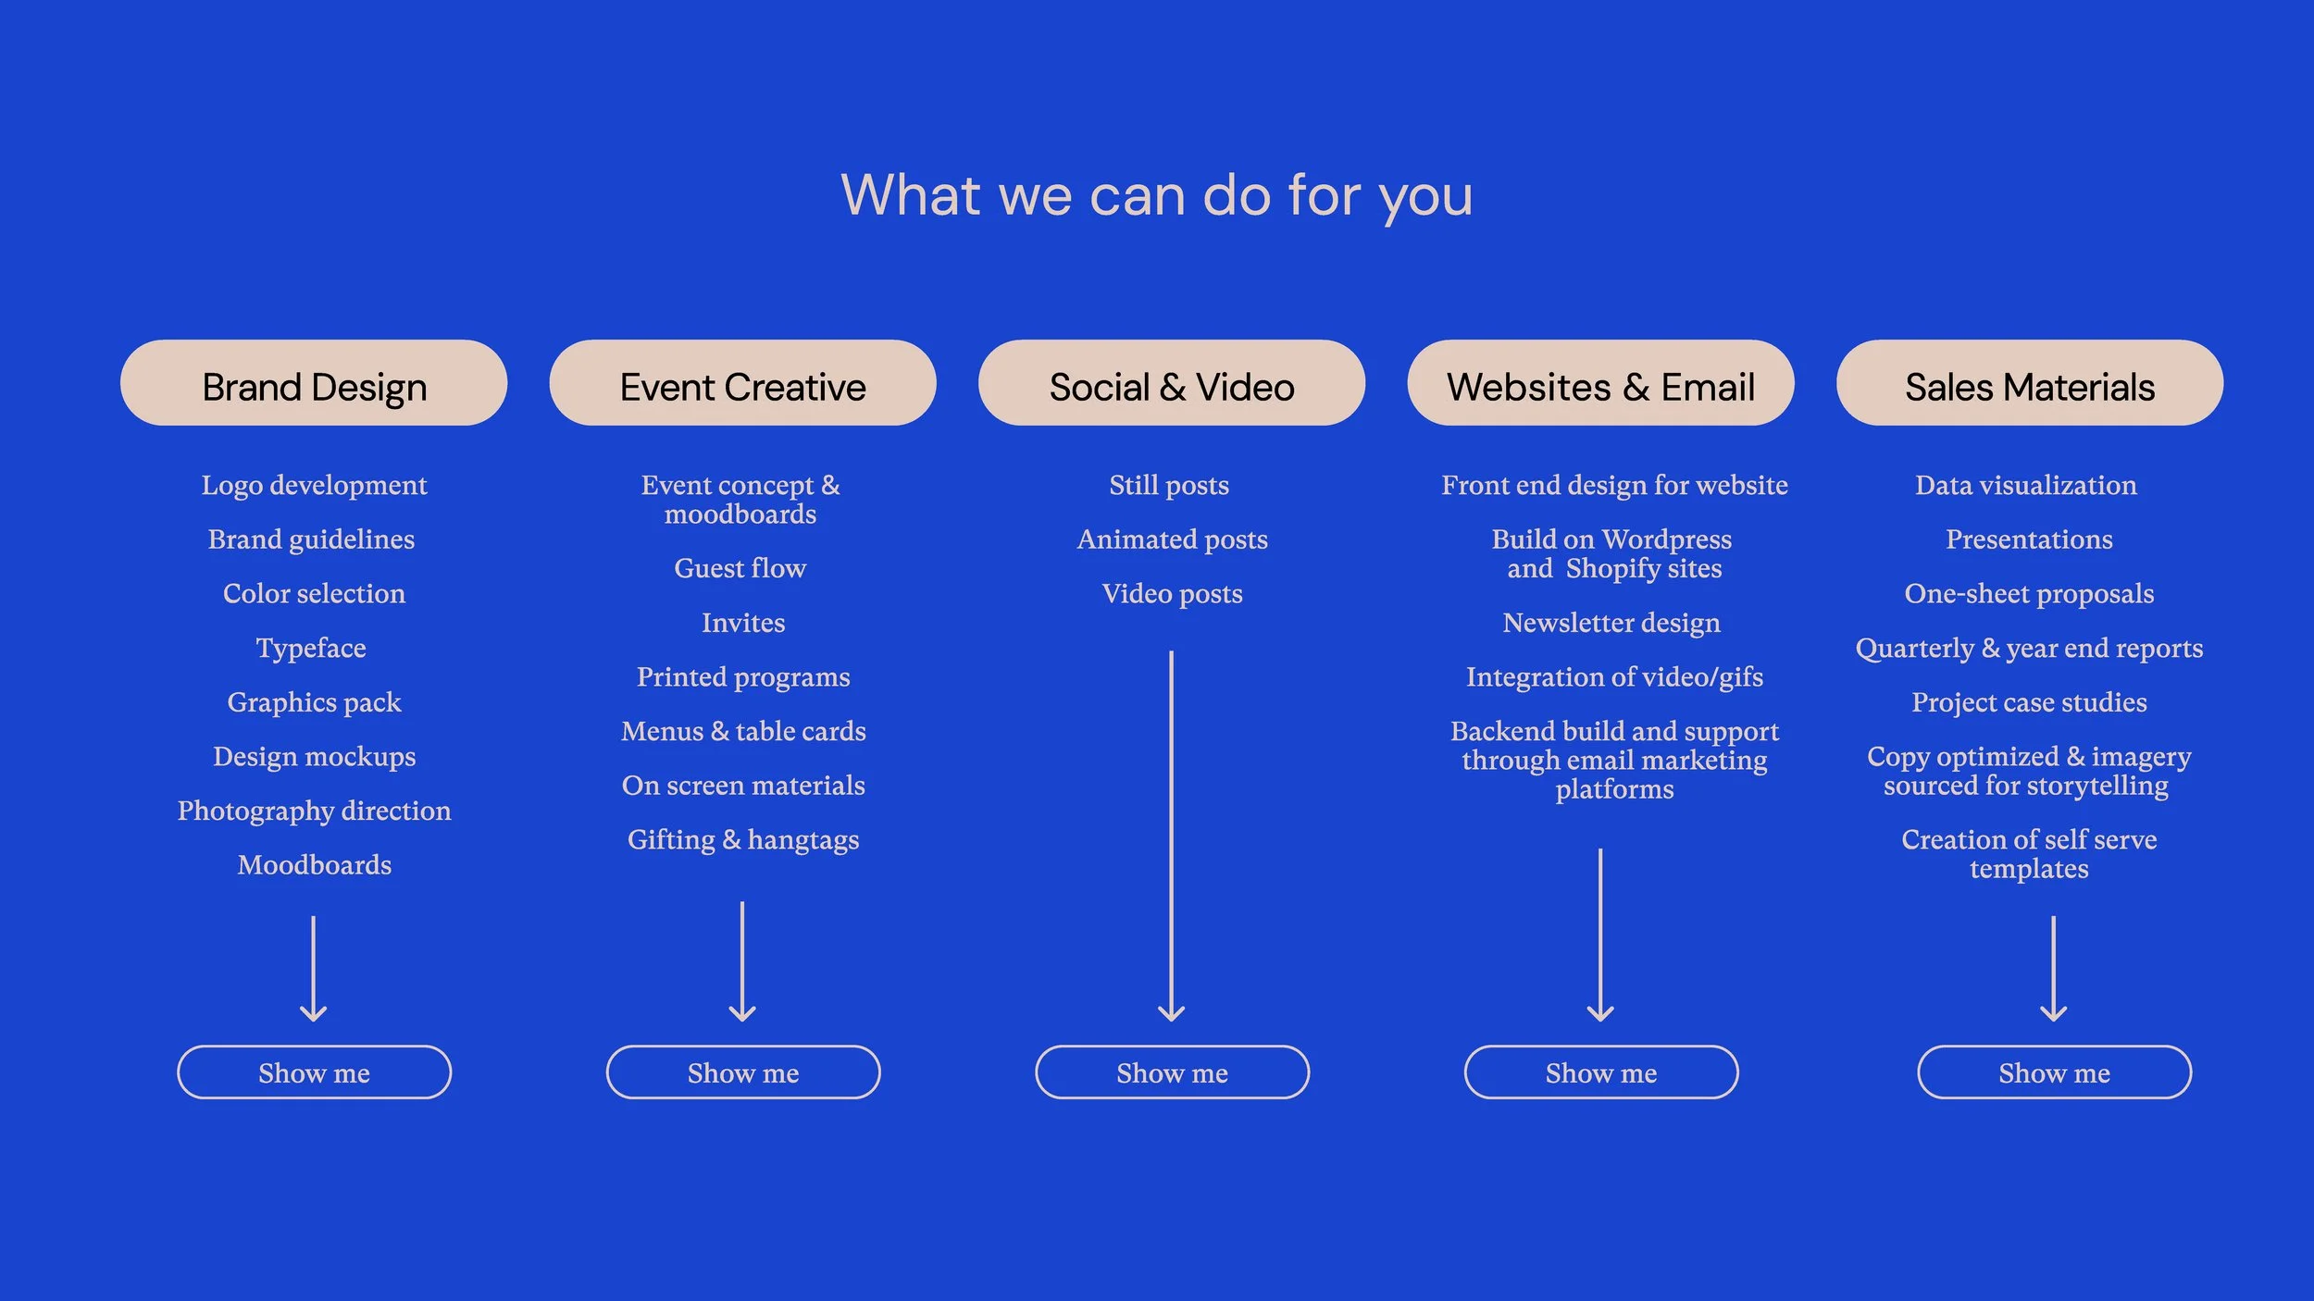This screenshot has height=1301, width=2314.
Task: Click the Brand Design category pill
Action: click(x=314, y=383)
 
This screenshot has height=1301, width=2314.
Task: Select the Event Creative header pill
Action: click(x=742, y=383)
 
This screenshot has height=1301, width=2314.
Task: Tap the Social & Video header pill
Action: click(x=1171, y=383)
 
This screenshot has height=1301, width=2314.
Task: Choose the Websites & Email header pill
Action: click(x=1600, y=383)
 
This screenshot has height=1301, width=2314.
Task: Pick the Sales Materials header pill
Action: click(x=2029, y=383)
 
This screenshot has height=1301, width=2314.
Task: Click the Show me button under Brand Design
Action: click(x=314, y=1072)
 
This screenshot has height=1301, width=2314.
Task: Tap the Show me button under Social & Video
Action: click(x=1172, y=1072)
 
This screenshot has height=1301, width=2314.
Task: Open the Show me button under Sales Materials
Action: click(x=2054, y=1072)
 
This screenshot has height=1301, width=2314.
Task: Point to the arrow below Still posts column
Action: click(x=1171, y=833)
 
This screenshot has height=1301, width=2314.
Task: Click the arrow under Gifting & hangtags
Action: click(x=742, y=962)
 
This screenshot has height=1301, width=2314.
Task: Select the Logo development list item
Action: click(x=314, y=485)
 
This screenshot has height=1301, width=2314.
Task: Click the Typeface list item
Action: click(x=311, y=648)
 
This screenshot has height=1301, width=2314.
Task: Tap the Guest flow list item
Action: click(x=740, y=568)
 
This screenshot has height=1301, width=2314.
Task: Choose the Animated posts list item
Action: click(x=1172, y=539)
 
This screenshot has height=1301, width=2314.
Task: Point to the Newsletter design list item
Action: click(x=1611, y=623)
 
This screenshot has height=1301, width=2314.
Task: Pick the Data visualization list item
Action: click(x=2025, y=485)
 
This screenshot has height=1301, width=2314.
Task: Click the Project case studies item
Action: click(x=2029, y=702)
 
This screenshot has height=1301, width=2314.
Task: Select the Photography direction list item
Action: click(x=314, y=811)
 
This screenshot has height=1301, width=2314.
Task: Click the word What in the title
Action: click(x=911, y=195)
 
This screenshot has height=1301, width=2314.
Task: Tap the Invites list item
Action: click(x=742, y=623)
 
